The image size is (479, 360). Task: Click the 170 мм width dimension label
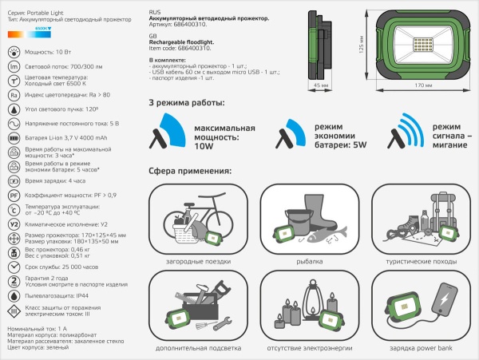414,84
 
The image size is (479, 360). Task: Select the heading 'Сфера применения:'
190,171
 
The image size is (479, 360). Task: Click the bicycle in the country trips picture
190,214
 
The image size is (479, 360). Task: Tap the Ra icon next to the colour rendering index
14,94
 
